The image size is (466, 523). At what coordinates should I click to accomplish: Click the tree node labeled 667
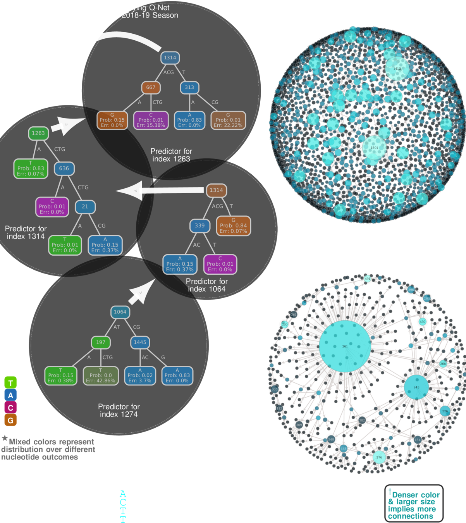(x=151, y=88)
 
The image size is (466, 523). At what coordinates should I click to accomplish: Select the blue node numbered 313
(x=189, y=88)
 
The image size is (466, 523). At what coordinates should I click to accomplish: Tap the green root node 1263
(x=38, y=133)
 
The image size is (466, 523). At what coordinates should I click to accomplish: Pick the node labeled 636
(x=64, y=169)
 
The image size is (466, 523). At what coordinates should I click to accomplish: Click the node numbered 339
(x=199, y=225)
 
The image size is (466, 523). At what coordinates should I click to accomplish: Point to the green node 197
(x=101, y=342)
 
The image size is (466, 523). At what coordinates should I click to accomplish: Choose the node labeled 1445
(x=140, y=342)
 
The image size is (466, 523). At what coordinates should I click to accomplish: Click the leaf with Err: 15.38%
(x=151, y=120)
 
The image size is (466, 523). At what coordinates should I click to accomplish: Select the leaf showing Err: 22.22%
(x=228, y=120)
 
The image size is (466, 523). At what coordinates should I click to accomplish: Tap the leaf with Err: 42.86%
(x=100, y=376)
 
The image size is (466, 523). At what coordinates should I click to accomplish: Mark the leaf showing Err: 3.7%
(x=140, y=376)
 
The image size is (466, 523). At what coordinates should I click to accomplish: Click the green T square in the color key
(x=10, y=383)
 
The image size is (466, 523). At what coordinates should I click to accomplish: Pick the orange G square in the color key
(x=10, y=420)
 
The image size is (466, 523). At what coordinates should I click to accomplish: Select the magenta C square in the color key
(x=10, y=408)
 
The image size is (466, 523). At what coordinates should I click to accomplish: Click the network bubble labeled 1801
(x=374, y=148)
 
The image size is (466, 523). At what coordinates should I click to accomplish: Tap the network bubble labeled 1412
(x=397, y=69)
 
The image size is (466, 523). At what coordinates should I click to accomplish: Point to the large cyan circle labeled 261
(x=344, y=346)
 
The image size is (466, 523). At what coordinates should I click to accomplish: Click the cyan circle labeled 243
(x=416, y=387)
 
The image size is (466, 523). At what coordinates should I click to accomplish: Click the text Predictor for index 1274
(x=119, y=410)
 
